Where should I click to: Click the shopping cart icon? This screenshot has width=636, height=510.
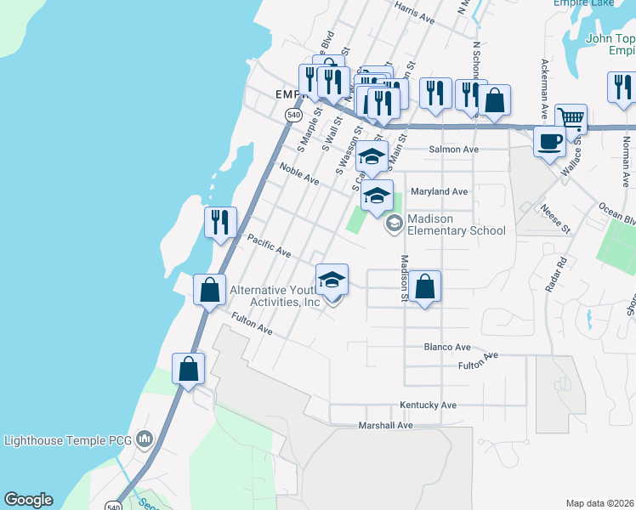[571, 118]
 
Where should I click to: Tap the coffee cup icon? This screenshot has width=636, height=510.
[550, 140]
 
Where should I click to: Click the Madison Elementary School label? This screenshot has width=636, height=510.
[456, 224]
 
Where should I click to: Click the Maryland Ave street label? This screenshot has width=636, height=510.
[440, 191]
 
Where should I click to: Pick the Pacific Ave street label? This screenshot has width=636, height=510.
[269, 248]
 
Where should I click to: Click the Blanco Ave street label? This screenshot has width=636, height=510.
[447, 347]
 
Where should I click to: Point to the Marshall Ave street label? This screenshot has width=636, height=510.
[385, 425]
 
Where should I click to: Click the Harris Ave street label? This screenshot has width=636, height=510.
[415, 13]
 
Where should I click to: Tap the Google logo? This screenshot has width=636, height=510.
[28, 500]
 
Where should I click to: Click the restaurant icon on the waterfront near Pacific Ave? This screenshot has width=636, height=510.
[220, 222]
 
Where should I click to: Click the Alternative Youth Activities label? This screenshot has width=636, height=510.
[274, 296]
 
